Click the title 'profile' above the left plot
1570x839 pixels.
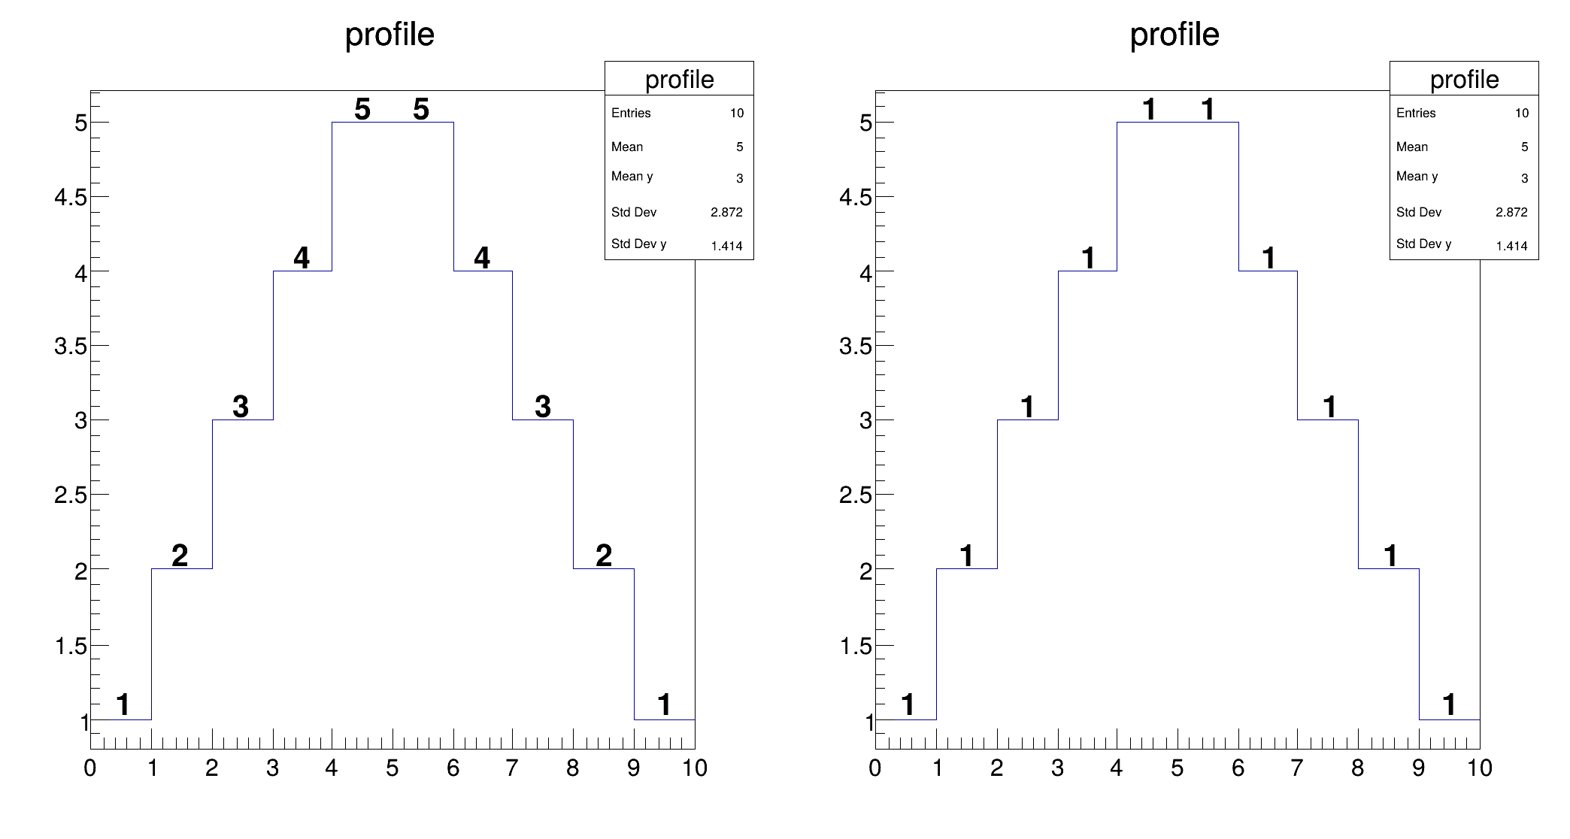coord(389,35)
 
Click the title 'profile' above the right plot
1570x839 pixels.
coord(1174,35)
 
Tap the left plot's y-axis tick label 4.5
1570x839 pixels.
coord(71,197)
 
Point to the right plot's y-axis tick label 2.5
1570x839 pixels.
coord(856,495)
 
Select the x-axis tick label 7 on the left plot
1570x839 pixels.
coord(512,768)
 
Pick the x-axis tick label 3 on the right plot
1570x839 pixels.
coord(1057,768)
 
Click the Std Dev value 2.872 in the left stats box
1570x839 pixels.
coord(726,212)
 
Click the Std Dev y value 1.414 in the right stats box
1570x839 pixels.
coord(1511,246)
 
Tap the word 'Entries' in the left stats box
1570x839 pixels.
coord(631,113)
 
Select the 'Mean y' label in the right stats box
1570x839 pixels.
coord(1417,177)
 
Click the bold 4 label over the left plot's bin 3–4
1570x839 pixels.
coord(302,258)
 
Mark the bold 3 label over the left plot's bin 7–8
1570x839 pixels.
coord(543,407)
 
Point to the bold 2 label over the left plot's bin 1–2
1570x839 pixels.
coord(180,556)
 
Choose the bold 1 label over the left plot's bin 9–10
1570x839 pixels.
coord(664,704)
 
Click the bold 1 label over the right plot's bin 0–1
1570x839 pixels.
coord(908,704)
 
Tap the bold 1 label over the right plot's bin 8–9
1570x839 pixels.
coord(1390,556)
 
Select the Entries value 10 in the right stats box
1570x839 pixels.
coord(1521,113)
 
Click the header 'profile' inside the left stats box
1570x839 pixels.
coord(679,79)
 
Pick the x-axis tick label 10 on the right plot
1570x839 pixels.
coord(1480,768)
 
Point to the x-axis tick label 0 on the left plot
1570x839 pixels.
coord(90,768)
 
